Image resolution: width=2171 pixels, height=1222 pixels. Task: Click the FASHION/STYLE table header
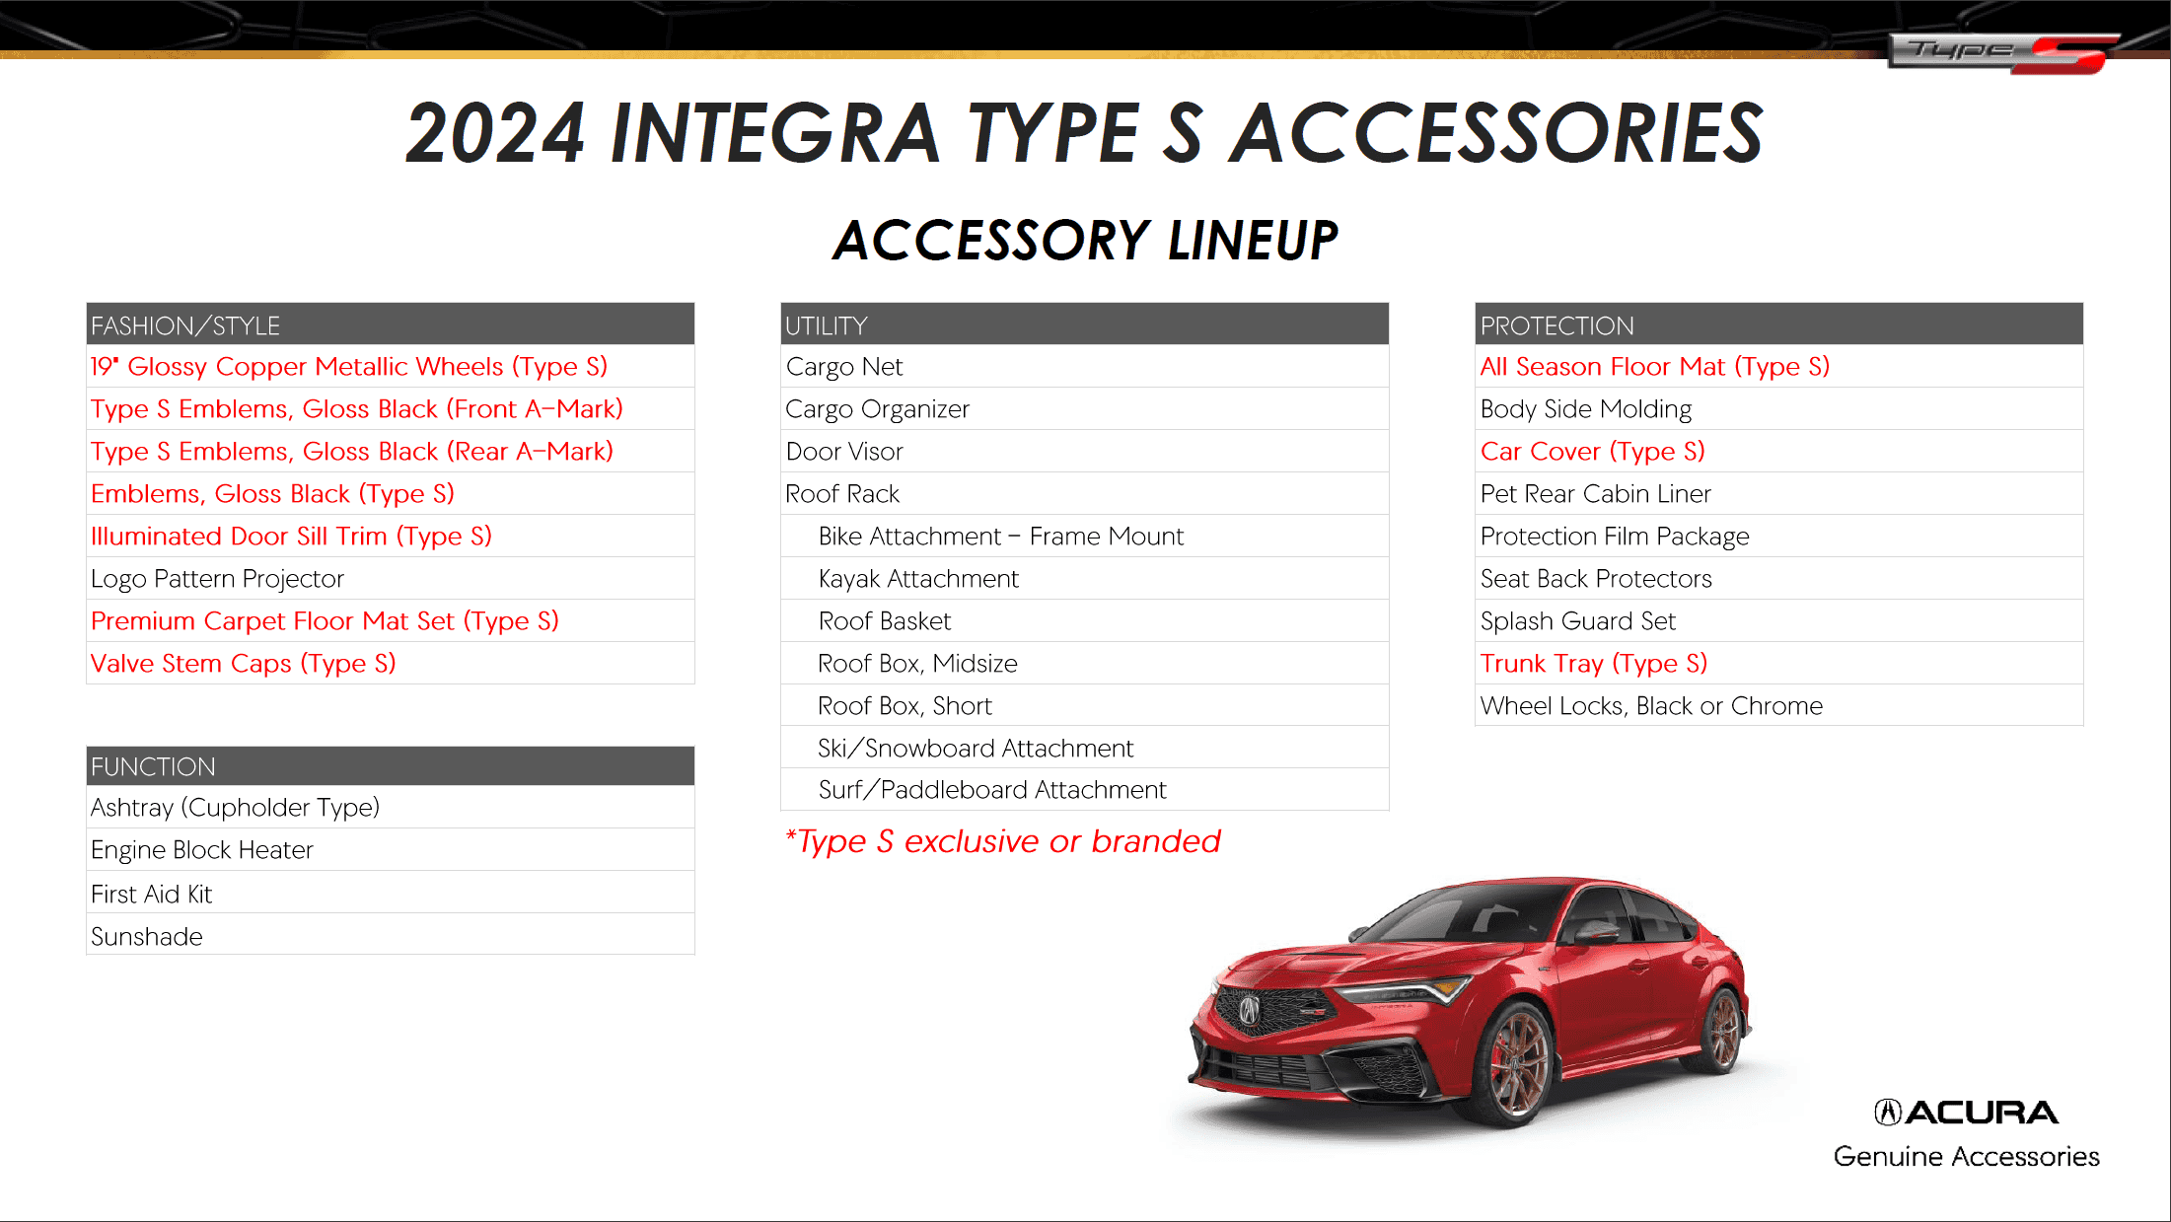point(185,325)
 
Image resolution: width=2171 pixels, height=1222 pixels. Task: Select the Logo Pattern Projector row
point(217,579)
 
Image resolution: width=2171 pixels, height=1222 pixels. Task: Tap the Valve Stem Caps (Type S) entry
point(243,664)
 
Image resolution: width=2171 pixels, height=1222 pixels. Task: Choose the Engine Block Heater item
point(201,850)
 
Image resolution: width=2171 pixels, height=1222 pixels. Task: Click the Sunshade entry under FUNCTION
point(147,937)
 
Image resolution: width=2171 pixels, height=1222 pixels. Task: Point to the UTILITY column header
point(827,325)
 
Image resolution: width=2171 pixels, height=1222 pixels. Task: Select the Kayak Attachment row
point(918,579)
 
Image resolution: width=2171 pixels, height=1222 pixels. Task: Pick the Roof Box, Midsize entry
point(917,664)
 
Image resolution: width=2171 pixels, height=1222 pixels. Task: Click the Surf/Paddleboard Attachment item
point(991,790)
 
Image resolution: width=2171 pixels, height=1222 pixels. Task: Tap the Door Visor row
point(844,452)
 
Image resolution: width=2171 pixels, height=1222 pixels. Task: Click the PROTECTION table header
point(1556,325)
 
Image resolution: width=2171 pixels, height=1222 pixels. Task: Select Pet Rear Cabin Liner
point(1595,494)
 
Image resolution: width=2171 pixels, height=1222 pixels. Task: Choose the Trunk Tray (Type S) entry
point(1593,664)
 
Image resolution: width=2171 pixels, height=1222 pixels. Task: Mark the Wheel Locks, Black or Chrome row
point(1651,706)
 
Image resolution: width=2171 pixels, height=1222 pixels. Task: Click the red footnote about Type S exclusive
point(1002,841)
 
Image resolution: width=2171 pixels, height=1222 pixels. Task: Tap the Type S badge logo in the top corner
point(2002,52)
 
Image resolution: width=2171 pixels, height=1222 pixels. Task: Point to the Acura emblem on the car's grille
point(1250,1009)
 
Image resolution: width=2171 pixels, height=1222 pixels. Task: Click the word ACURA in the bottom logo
point(1981,1113)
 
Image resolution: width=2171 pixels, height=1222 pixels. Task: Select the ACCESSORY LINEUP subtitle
point(1085,241)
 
